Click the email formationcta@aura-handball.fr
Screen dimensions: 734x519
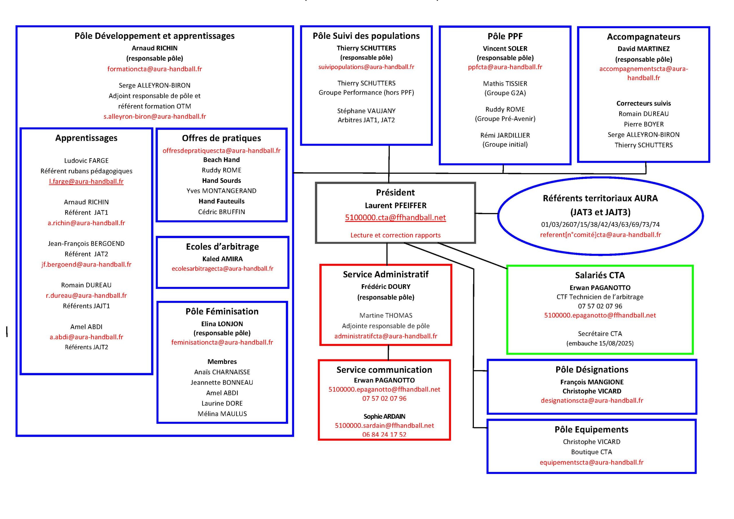(155, 69)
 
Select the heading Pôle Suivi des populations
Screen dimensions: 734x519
(366, 36)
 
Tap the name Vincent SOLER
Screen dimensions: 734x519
(505, 49)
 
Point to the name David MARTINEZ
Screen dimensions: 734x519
(643, 49)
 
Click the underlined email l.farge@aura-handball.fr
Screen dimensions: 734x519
(86, 181)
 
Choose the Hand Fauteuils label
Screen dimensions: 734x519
(222, 201)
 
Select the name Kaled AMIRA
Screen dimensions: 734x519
(222, 259)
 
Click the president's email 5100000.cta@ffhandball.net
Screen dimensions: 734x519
(395, 218)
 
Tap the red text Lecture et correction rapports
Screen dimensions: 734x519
(395, 235)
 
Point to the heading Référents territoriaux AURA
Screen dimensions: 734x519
(600, 199)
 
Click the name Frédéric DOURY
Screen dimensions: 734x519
(386, 287)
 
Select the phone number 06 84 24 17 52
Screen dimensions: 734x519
(384, 435)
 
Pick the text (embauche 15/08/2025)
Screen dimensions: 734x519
(600, 344)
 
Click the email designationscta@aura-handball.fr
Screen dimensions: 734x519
(592, 400)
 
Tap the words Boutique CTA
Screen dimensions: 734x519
(592, 452)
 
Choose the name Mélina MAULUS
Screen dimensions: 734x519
(222, 414)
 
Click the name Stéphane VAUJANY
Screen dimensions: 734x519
(366, 111)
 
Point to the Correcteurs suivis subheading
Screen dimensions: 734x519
(643, 103)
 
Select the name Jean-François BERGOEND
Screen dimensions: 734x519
(86, 244)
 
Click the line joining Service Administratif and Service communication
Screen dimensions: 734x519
(389, 352)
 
